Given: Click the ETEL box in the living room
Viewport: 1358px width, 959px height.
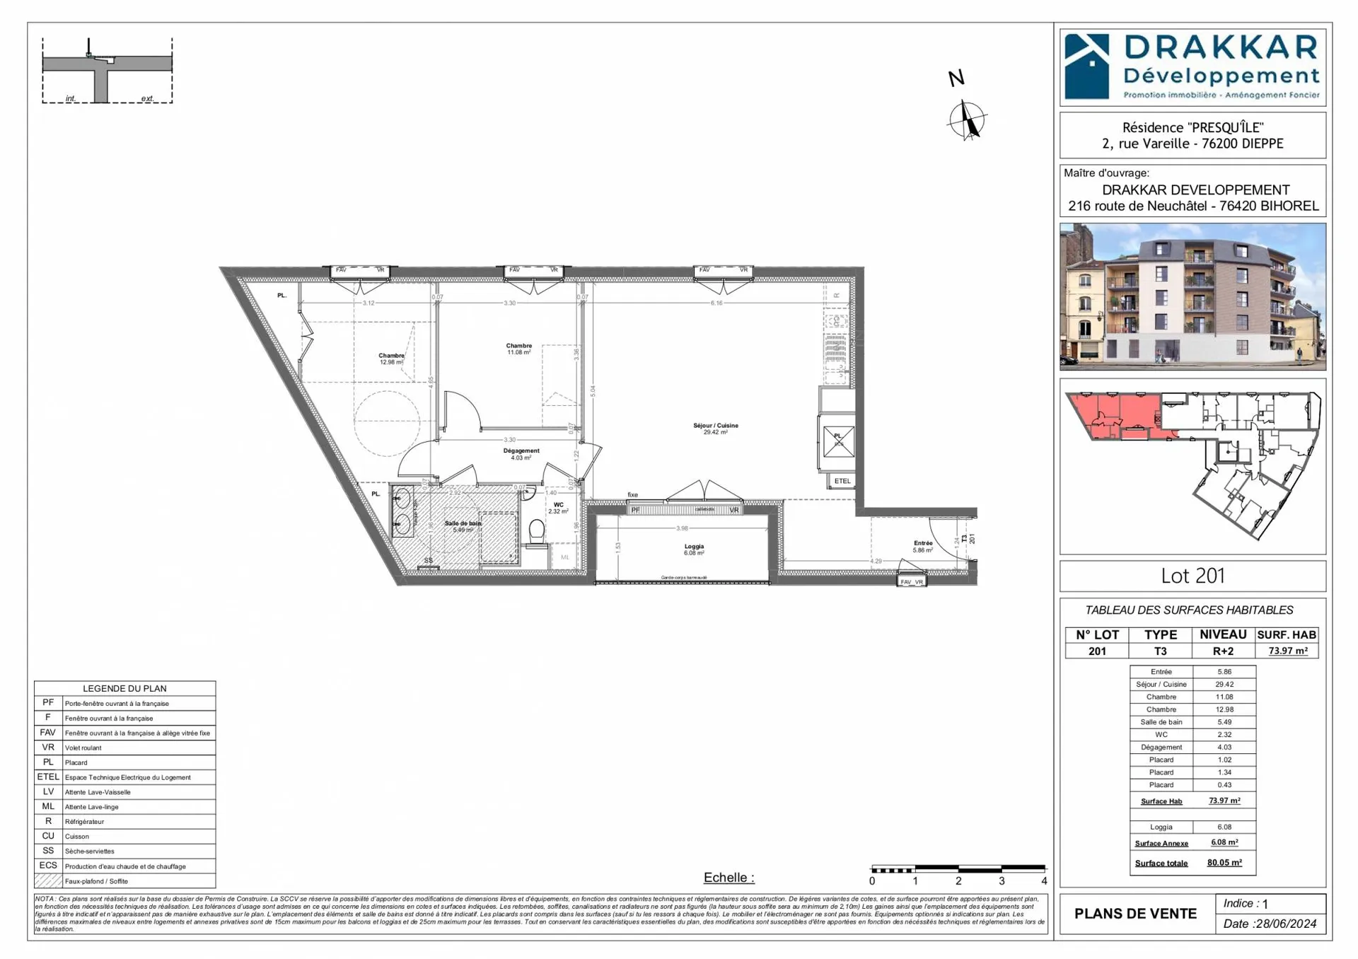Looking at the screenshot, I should point(842,481).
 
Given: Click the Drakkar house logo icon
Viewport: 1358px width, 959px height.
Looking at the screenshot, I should point(1087,66).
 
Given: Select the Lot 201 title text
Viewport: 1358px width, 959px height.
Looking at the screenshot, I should point(1192,576).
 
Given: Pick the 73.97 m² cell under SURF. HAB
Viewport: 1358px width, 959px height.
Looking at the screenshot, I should point(1287,651).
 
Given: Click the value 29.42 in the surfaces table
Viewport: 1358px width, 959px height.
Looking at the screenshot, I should point(1224,684).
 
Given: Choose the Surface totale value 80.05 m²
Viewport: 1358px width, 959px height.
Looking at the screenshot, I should point(1224,863).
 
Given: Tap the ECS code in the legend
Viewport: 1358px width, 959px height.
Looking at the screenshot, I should point(48,866).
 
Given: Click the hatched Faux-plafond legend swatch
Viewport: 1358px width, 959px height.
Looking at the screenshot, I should point(48,881).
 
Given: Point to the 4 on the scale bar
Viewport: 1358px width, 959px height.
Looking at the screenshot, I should point(1044,881).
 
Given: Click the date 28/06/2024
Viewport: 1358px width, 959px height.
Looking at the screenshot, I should point(1284,924).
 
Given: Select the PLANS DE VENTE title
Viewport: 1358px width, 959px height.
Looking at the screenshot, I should point(1135,914).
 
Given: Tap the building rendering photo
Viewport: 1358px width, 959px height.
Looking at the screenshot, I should point(1192,297).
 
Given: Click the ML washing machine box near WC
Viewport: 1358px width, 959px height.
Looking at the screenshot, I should point(564,557).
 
